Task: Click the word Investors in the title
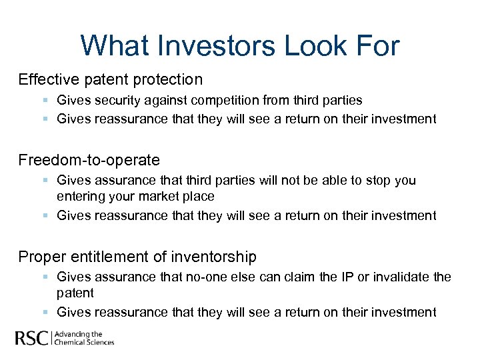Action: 212,46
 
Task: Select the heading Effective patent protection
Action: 111,80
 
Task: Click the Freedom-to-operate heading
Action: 89,160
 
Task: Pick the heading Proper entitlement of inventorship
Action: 137,256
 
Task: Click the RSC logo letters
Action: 32,338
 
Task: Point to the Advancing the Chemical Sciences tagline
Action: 84,338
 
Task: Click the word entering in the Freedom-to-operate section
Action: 81,197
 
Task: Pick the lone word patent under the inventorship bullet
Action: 75,293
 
